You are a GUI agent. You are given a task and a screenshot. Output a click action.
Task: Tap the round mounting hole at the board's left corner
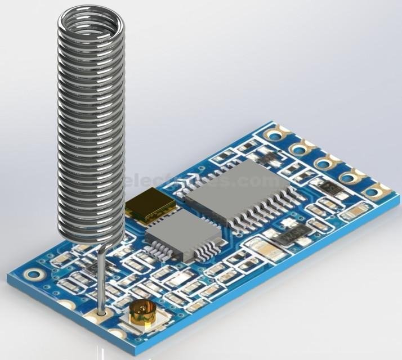(x=35, y=275)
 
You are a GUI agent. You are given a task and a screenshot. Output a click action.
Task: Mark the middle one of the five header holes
(x=324, y=164)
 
